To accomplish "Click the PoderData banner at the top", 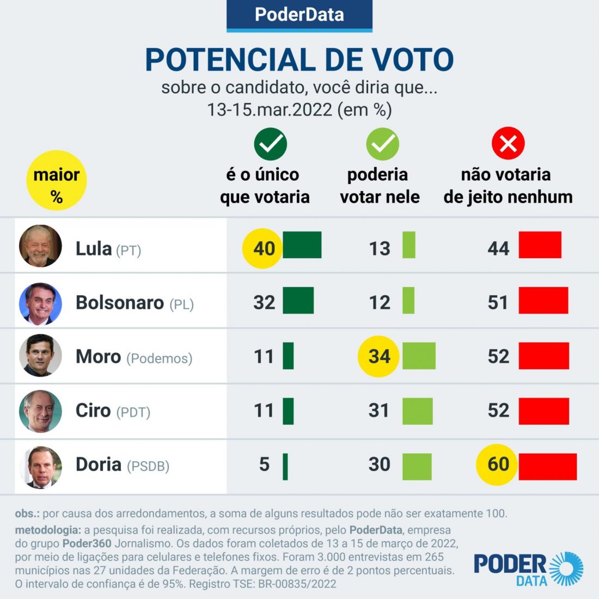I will point(299,15).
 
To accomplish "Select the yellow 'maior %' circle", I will point(57,180).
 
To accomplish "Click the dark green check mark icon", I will point(270,144).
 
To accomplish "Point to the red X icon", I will point(508,144).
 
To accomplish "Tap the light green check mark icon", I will point(382,144).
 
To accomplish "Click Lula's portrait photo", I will point(40,246).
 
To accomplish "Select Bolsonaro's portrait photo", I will point(40,303).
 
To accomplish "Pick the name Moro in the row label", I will point(98,357).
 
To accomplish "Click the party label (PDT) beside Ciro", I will point(133,412).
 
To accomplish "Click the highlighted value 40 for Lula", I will point(264,248).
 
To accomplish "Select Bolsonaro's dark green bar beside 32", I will point(298,301).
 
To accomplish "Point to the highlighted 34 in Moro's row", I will point(379,356).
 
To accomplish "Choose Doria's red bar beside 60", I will point(547,467).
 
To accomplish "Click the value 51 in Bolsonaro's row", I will point(498,302).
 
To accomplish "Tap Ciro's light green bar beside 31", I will point(418,411).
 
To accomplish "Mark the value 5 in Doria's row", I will point(264,464).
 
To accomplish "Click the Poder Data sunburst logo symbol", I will point(566,569).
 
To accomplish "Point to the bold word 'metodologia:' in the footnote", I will point(48,530).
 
